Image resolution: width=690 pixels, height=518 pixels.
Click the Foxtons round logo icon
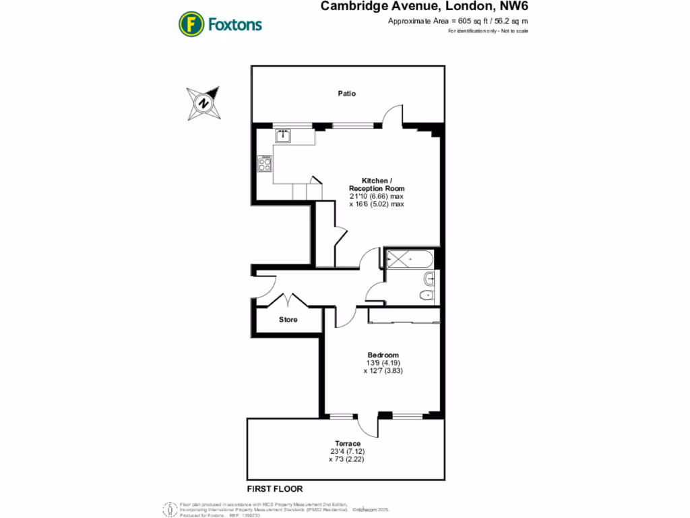click(x=191, y=24)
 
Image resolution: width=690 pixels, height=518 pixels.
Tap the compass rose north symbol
click(x=202, y=103)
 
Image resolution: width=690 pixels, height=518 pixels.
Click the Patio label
click(x=347, y=94)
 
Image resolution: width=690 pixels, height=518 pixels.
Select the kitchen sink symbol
click(x=283, y=136)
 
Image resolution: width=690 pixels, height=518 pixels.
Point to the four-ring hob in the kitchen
click(x=265, y=165)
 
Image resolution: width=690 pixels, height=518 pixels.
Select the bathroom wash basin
click(x=429, y=278)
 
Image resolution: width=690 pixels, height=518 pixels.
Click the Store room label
click(x=288, y=320)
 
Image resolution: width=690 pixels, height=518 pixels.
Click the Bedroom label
click(x=383, y=355)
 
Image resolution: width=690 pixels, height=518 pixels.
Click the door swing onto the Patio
click(x=392, y=116)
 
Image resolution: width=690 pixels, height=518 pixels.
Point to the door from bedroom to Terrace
click(x=367, y=425)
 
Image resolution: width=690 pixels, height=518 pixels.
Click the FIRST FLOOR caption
click(x=275, y=489)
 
